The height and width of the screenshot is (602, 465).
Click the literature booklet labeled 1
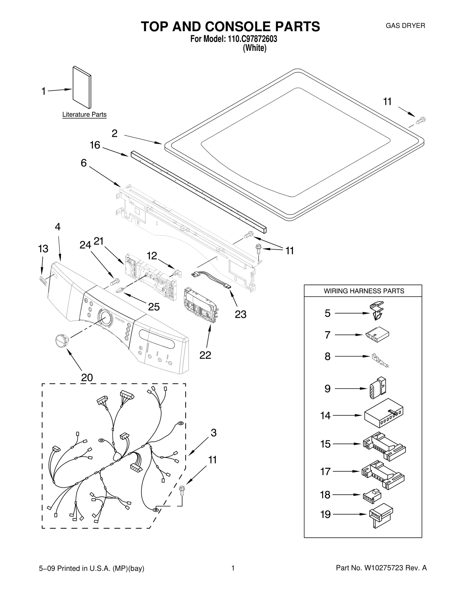tap(82, 87)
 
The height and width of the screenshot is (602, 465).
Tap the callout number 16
tap(95, 145)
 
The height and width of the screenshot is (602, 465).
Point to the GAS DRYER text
tap(405, 26)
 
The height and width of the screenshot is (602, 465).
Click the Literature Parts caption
tap(84, 115)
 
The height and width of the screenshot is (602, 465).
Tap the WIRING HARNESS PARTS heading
tap(364, 291)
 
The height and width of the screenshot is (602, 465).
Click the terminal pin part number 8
tap(379, 360)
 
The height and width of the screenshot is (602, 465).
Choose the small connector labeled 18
tap(372, 495)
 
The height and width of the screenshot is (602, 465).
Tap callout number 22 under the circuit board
tap(205, 355)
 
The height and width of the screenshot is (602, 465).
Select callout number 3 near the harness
tap(214, 433)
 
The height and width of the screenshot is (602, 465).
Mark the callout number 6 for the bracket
tap(84, 163)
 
